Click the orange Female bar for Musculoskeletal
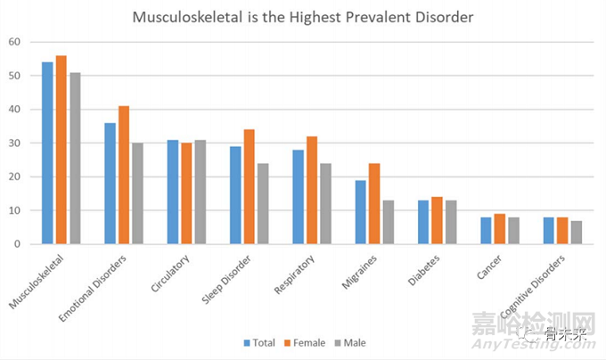tap(61, 150)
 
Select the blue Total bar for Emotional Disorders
tap(110, 184)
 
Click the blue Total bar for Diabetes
tap(422, 222)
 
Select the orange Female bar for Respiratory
tap(310, 191)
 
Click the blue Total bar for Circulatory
tap(173, 192)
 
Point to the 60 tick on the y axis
tap(14, 42)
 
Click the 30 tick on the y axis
tap(14, 143)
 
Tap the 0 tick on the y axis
tap(17, 243)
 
